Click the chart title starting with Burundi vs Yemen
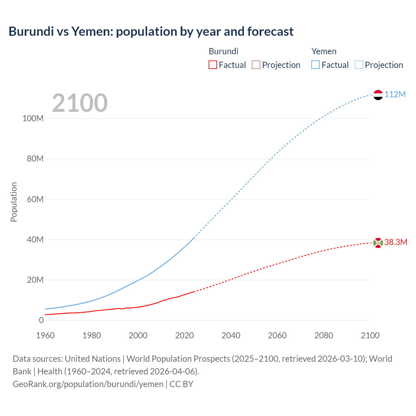click(151, 32)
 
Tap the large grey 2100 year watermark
click(80, 103)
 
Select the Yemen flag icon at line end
click(378, 95)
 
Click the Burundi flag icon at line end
click(378, 242)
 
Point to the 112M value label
click(395, 95)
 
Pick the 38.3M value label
click(396, 242)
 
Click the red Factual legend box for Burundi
click(213, 65)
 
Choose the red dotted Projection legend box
click(256, 65)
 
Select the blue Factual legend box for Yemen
click(316, 65)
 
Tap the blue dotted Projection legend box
click(359, 65)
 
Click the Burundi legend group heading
click(223, 51)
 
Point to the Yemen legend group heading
click(324, 51)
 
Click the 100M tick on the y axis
click(33, 119)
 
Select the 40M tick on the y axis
click(35, 240)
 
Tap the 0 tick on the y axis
click(41, 320)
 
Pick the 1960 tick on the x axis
click(45, 335)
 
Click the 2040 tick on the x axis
click(231, 335)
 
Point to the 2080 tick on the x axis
click(324, 335)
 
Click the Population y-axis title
click(14, 202)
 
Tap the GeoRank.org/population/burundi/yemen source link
click(88, 384)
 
